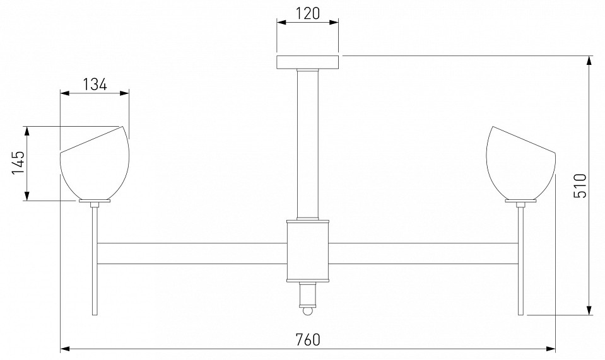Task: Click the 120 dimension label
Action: (x=308, y=13)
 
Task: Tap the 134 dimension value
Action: (x=95, y=84)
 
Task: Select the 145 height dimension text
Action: (x=18, y=162)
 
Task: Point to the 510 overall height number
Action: (x=580, y=186)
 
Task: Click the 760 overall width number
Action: (x=308, y=340)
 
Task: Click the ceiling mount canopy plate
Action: (x=308, y=62)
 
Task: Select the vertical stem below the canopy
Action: (x=308, y=144)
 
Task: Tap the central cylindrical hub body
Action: (x=308, y=251)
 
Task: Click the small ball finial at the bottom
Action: (x=307, y=311)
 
